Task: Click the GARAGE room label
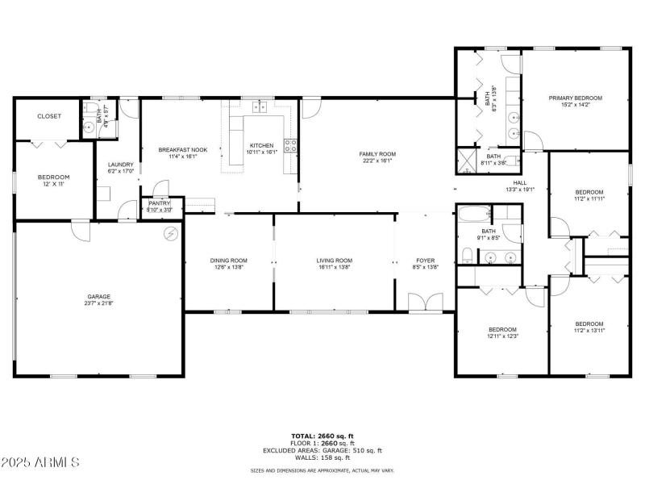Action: click(99, 296)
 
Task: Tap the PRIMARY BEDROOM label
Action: click(575, 98)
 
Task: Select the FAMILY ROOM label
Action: click(377, 153)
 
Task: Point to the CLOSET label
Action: click(49, 116)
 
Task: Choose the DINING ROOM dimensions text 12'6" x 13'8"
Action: click(229, 267)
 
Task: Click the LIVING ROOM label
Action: click(334, 261)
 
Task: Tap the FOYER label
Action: click(425, 261)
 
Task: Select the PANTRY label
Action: click(160, 203)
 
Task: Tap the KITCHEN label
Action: click(262, 145)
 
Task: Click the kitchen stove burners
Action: click(290, 146)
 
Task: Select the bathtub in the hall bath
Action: click(474, 215)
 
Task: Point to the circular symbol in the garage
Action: click(170, 234)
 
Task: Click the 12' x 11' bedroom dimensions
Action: click(54, 184)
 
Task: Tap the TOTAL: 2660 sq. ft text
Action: click(322, 436)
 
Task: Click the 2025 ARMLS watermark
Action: click(40, 462)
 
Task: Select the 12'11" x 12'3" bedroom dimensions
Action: click(502, 336)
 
